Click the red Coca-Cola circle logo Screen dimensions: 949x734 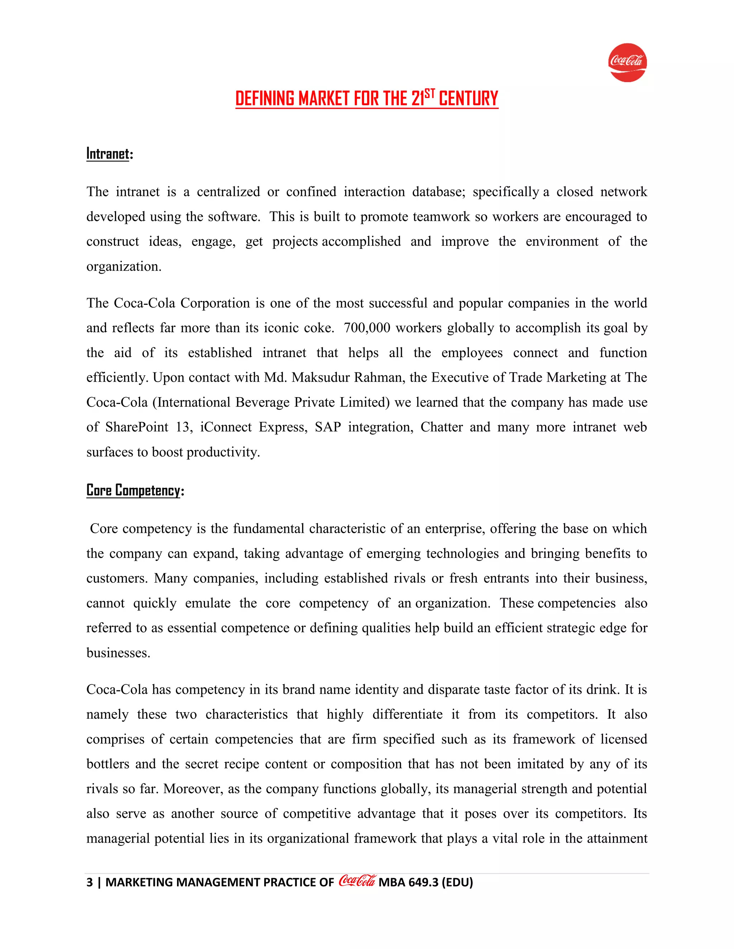[627, 63]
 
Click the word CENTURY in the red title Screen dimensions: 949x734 [468, 98]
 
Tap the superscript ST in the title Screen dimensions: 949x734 [430, 93]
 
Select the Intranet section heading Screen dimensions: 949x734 [108, 154]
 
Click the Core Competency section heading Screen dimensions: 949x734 [133, 491]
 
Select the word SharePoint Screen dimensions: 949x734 [137, 427]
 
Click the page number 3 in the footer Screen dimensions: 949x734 [90, 882]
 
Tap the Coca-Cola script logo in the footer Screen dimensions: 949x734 [357, 881]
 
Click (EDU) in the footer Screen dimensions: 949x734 [457, 882]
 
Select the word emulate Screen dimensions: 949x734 [208, 603]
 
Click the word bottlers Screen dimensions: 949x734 [108, 764]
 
